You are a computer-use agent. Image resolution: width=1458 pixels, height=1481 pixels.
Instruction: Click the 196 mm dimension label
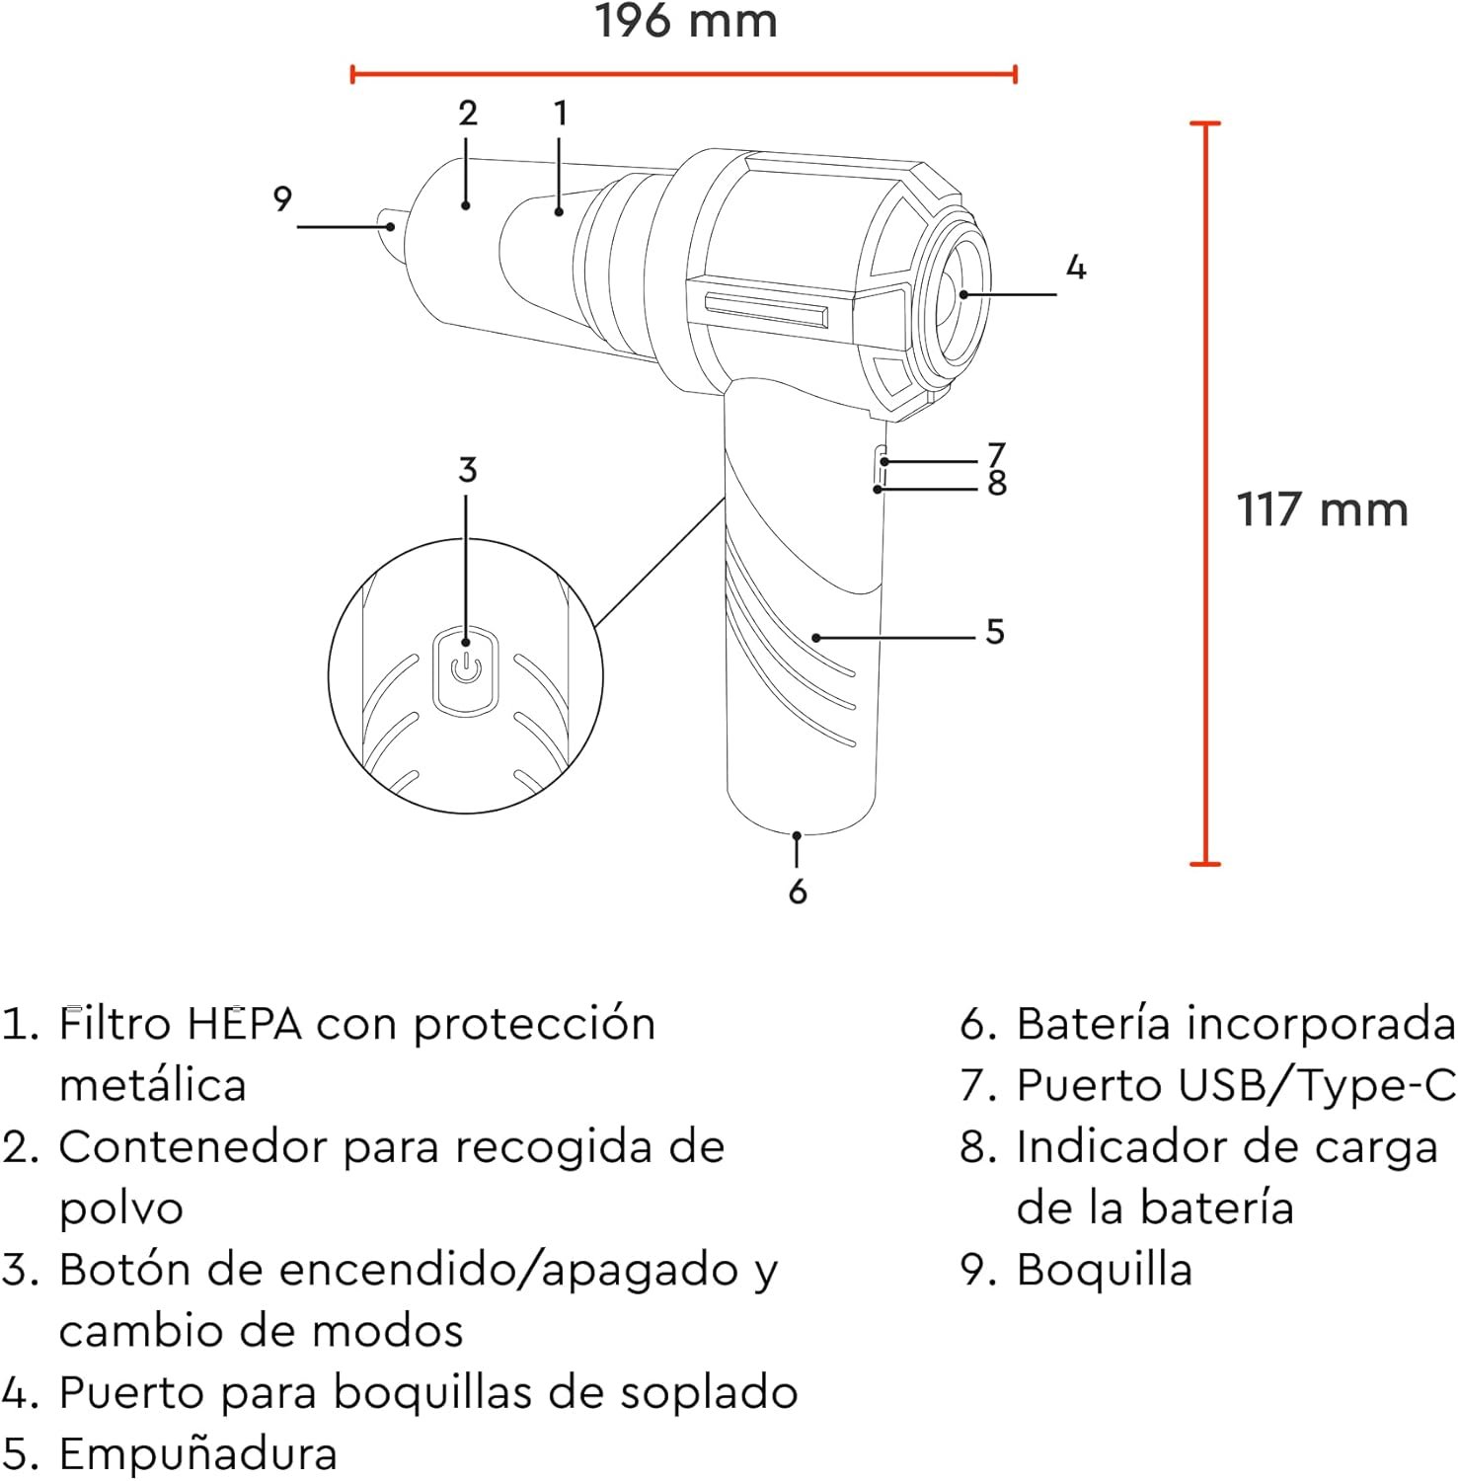tap(686, 21)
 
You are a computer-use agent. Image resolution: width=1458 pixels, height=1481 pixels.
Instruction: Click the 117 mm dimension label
tap(1322, 509)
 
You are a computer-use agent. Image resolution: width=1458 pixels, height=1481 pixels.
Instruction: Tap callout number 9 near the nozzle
tap(282, 198)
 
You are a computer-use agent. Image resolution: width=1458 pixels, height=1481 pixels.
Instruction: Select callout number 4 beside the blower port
tap(1076, 267)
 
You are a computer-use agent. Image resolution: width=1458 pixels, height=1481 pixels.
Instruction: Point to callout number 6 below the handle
tap(798, 891)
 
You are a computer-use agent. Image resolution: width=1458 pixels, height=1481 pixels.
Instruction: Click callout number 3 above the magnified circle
tap(467, 469)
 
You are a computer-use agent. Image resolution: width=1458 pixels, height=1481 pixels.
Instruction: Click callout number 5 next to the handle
tap(995, 631)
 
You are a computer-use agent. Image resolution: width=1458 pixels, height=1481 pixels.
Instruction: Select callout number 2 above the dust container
tap(468, 113)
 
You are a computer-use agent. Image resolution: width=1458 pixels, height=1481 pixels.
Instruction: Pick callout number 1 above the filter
tap(560, 113)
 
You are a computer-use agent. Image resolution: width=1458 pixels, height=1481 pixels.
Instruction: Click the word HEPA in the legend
tap(244, 1024)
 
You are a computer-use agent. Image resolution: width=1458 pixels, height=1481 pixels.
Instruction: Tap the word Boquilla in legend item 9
tap(1104, 1270)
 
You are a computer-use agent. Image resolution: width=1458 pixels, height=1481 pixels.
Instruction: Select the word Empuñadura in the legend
tap(197, 1454)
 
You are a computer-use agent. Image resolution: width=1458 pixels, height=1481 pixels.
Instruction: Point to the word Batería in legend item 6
tap(1095, 1024)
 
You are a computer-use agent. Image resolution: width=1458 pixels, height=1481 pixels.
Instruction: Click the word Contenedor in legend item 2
tap(193, 1147)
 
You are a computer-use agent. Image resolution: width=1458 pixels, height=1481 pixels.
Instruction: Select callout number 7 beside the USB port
tap(997, 453)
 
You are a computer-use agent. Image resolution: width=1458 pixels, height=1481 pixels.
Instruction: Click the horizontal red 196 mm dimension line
tap(684, 73)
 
